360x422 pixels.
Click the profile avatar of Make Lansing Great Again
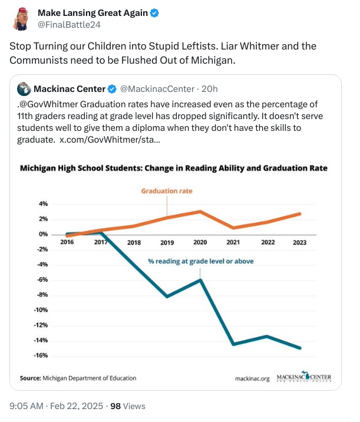(21, 18)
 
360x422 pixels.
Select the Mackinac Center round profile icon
(24, 89)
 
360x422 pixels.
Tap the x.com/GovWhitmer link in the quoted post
(109, 141)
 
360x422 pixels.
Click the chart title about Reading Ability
(173, 168)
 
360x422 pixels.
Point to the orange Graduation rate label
(167, 191)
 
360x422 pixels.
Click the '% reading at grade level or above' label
(200, 261)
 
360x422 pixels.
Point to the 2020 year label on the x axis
(200, 242)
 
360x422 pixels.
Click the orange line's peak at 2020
(201, 211)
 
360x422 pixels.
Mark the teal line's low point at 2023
(300, 348)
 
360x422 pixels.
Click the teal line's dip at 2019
(167, 296)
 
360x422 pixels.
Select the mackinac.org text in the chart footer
(252, 379)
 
